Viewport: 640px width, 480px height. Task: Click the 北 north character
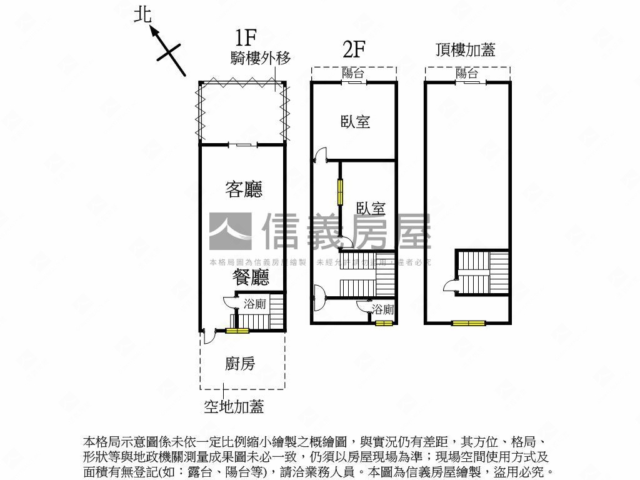pos(143,14)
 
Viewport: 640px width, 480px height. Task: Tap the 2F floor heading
pos(354,48)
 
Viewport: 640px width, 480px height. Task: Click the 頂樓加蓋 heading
pos(466,50)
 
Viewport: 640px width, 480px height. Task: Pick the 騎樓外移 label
pos(261,58)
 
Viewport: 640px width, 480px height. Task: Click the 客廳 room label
pos(244,189)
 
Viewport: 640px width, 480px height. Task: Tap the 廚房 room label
pos(240,364)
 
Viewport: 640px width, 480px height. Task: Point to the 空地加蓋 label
pos(234,407)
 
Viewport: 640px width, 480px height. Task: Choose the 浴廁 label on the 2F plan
pos(382,309)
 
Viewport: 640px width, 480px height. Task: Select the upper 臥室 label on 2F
pos(356,122)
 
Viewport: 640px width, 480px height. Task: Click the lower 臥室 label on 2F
pos(371,208)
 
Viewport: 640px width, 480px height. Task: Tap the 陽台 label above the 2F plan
pos(353,73)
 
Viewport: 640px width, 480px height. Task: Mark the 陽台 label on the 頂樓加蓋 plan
pos(467,73)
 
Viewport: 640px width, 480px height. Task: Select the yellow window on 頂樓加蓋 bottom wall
pos(469,323)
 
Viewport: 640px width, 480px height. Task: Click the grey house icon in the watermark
pos(230,231)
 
